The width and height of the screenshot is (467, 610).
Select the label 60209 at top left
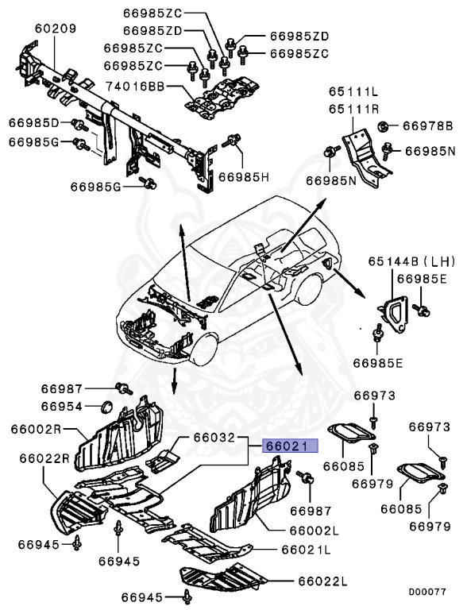click(56, 29)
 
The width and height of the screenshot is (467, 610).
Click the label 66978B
click(426, 125)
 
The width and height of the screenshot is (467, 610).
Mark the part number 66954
click(62, 406)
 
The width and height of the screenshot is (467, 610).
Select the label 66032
click(214, 438)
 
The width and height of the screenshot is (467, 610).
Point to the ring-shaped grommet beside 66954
click(103, 408)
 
